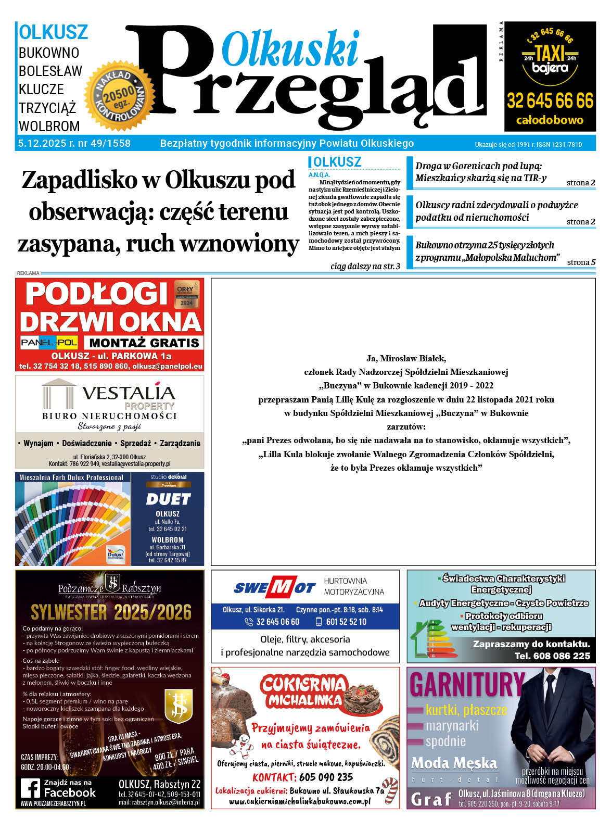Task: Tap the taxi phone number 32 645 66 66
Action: pos(550,100)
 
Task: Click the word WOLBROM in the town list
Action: pos(49,126)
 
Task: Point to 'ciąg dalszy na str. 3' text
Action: pos(365,266)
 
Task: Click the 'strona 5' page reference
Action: pos(581,262)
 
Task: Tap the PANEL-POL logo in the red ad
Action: pos(49,342)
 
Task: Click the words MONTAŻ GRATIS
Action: pos(144,343)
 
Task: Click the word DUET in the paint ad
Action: pos(168,499)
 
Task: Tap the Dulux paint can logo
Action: pos(115,554)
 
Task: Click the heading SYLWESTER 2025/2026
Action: pos(111,612)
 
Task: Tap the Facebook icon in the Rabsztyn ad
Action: pos(31,788)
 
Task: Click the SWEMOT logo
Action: pos(274,588)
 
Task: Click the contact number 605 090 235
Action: pos(326,777)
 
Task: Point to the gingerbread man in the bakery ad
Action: pos(241,746)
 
